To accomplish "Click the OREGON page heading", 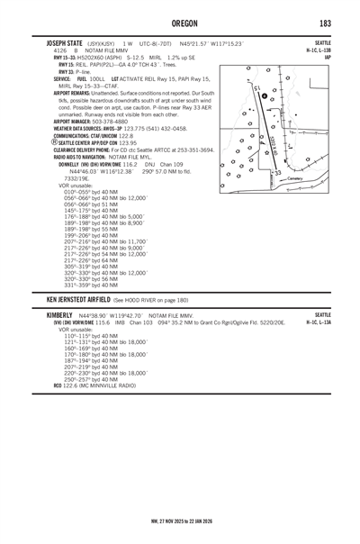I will click(x=179, y=23).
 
